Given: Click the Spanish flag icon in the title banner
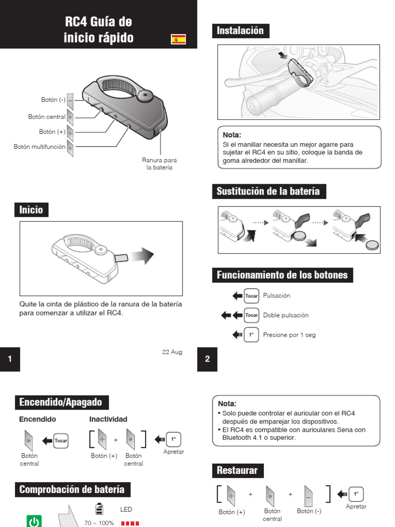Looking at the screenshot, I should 178,39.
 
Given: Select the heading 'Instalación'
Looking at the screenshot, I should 240,31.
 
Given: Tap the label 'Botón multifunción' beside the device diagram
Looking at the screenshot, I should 40,147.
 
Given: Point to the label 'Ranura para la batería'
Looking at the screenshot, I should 159,164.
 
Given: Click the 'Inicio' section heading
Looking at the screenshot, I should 31,210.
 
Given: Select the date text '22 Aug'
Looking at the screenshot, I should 172,352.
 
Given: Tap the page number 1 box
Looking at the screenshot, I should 10,359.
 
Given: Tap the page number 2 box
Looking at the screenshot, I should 207,359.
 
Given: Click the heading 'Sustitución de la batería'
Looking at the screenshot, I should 268,191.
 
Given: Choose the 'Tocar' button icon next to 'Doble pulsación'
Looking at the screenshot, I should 252,315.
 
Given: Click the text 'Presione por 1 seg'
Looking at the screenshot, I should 289,335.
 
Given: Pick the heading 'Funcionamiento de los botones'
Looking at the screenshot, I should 282,275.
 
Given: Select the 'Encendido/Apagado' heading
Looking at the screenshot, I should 61,402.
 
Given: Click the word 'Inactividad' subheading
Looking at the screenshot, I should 108,419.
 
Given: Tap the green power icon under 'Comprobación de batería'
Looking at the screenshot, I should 34,521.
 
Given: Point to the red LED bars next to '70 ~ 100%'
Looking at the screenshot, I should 131,523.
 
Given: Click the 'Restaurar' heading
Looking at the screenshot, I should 237,470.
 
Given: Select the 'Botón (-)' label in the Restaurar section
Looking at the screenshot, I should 309,511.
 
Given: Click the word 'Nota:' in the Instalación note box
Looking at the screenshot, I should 232,135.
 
